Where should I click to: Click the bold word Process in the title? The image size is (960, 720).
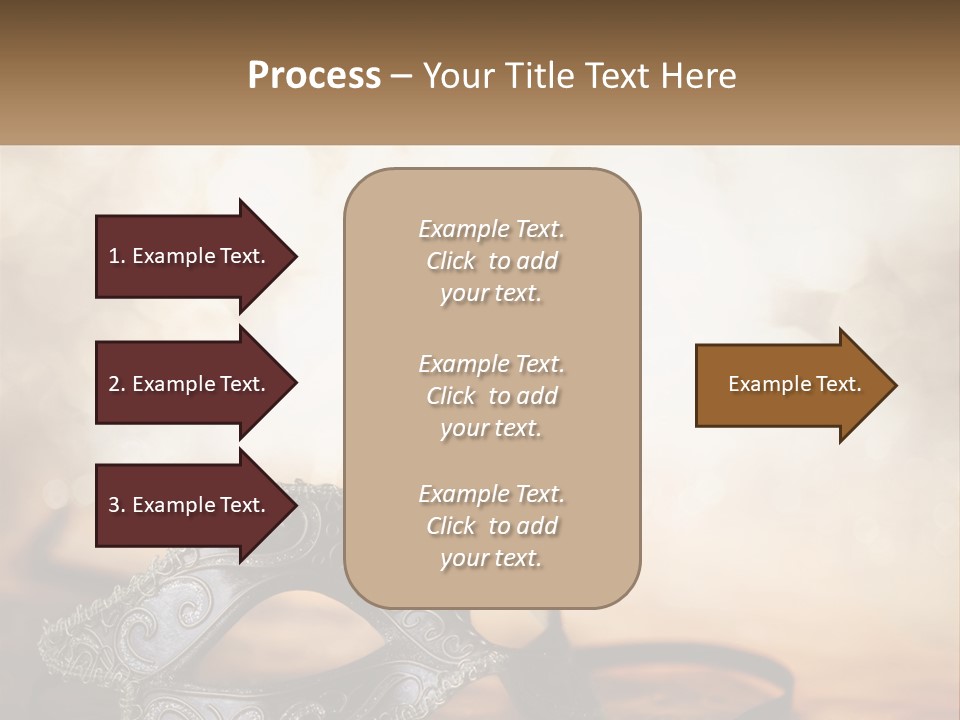314,76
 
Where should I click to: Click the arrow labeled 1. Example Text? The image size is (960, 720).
190,256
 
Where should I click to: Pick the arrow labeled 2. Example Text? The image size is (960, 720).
190,384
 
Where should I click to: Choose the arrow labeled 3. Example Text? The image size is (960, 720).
190,505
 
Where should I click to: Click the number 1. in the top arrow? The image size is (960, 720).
117,256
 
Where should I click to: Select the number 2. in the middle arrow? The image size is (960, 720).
117,384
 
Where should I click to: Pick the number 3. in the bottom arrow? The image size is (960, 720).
117,505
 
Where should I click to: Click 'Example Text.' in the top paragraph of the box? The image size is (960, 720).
491,229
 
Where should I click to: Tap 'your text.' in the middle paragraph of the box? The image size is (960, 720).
491,428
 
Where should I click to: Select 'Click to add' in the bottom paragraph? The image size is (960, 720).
491,526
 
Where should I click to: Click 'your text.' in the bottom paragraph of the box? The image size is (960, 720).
491,558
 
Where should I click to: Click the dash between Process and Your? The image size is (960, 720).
401,76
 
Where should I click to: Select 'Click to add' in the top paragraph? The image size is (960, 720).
491,261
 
